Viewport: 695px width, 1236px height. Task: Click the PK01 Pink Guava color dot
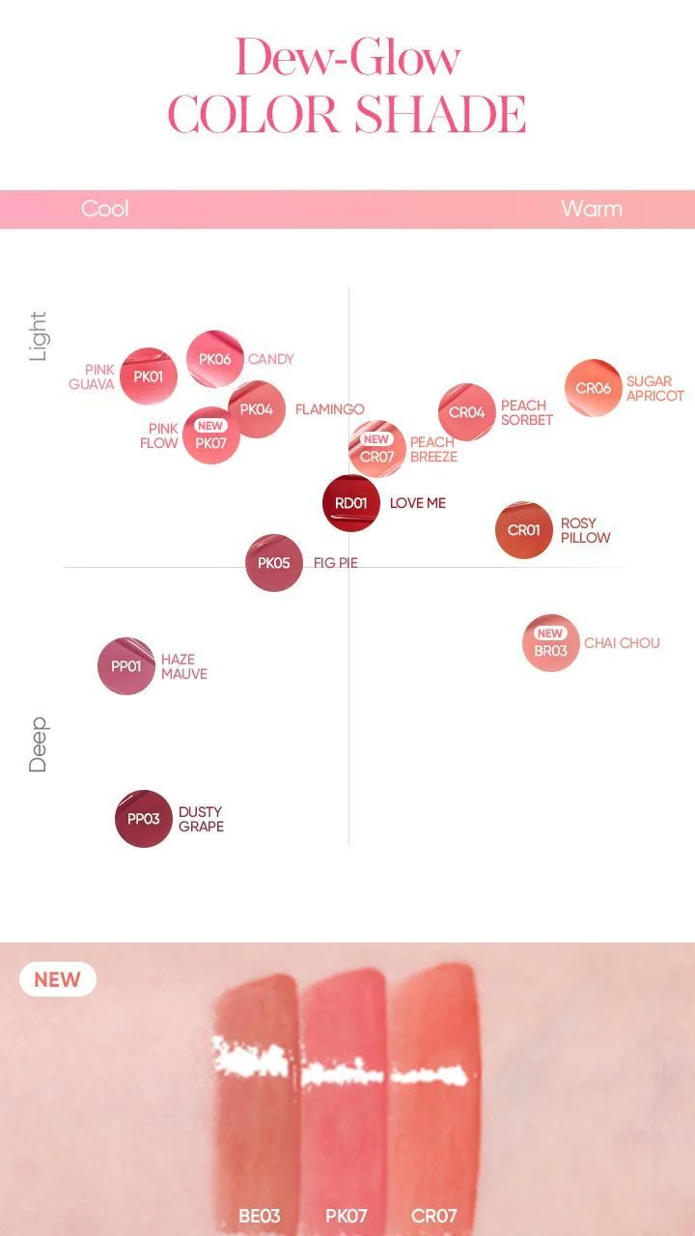(149, 377)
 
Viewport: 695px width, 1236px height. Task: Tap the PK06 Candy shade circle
(215, 358)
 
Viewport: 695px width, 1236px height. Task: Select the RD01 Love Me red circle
(351, 503)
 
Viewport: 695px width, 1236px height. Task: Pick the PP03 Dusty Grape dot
(144, 818)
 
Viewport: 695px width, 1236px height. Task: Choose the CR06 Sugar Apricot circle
(594, 388)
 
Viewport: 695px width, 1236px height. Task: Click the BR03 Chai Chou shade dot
(551, 643)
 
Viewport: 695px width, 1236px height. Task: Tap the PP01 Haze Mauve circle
(126, 666)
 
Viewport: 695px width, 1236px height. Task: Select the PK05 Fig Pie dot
(274, 563)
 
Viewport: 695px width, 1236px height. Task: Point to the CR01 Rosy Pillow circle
(524, 530)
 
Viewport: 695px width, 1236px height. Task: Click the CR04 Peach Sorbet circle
(467, 412)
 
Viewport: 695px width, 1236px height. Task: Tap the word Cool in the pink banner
(105, 209)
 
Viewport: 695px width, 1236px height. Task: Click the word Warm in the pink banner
(592, 209)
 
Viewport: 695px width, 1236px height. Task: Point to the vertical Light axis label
(38, 336)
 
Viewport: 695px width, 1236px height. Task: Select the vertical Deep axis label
(38, 744)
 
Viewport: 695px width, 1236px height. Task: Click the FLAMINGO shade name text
(330, 409)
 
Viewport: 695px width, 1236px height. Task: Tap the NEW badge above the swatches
(58, 979)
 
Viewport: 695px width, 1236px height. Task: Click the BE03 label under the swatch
(260, 1216)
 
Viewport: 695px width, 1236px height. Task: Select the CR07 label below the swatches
(434, 1216)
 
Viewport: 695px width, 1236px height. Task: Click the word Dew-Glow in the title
(347, 57)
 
